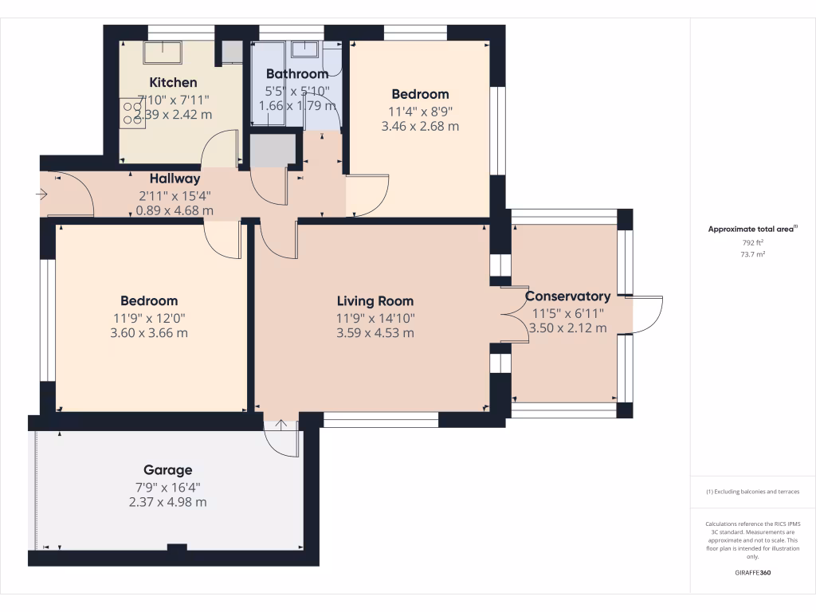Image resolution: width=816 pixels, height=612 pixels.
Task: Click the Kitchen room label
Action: click(173, 82)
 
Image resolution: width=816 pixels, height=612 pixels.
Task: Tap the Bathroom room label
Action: click(296, 74)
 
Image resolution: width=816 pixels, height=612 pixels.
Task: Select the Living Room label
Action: click(375, 301)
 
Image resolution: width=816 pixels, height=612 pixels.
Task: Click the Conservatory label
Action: click(568, 296)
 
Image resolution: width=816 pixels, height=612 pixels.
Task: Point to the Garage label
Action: click(167, 470)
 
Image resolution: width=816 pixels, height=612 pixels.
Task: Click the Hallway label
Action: click(175, 179)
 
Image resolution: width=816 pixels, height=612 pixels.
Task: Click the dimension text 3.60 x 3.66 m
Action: click(149, 333)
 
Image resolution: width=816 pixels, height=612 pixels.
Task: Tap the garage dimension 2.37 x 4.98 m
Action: click(167, 502)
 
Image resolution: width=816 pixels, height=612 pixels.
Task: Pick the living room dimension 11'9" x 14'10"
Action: click(375, 317)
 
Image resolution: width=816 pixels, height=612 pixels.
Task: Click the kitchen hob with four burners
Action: click(131, 113)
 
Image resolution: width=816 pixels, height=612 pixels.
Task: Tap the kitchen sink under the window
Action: click(163, 53)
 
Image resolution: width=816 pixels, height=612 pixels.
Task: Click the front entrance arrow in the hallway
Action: click(41, 194)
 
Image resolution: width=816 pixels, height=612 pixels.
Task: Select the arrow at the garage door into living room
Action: click(280, 425)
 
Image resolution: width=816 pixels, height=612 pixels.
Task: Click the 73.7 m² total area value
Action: click(752, 254)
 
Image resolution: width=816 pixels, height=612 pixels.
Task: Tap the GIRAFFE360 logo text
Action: click(752, 573)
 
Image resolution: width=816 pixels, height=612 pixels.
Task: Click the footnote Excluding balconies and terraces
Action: click(752, 492)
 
